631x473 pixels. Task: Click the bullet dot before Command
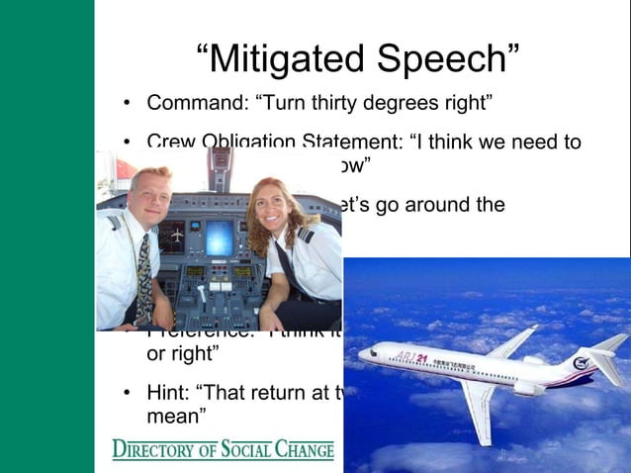pos(128,104)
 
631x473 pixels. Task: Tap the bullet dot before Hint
pos(128,395)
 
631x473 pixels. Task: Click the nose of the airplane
pos(362,351)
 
